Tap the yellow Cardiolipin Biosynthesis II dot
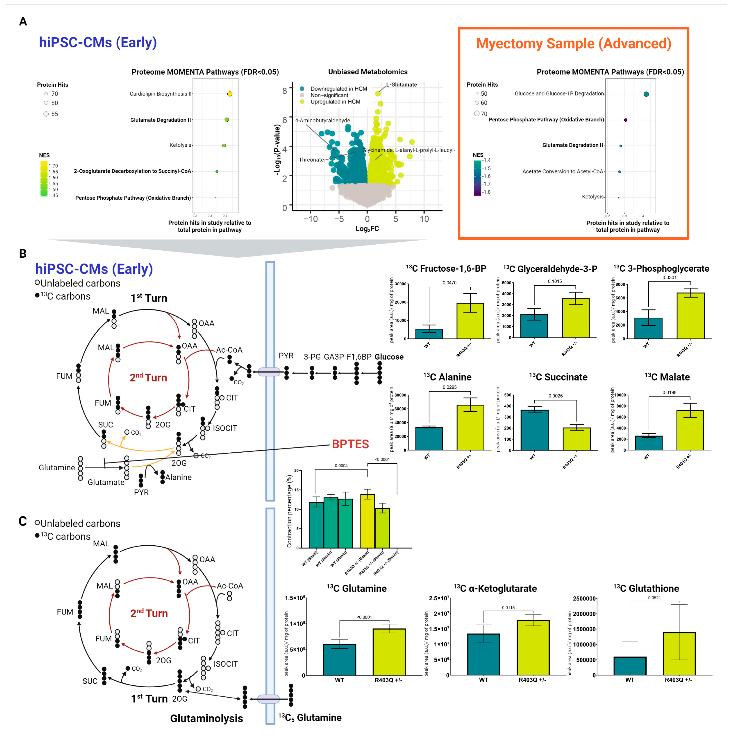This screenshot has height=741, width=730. click(230, 94)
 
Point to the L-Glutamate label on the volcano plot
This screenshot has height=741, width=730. click(401, 85)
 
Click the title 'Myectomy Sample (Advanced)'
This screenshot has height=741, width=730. click(574, 44)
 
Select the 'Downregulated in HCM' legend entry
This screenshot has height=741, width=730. click(339, 89)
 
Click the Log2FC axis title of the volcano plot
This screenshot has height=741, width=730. click(367, 229)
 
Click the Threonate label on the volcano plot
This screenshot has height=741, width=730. click(311, 160)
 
